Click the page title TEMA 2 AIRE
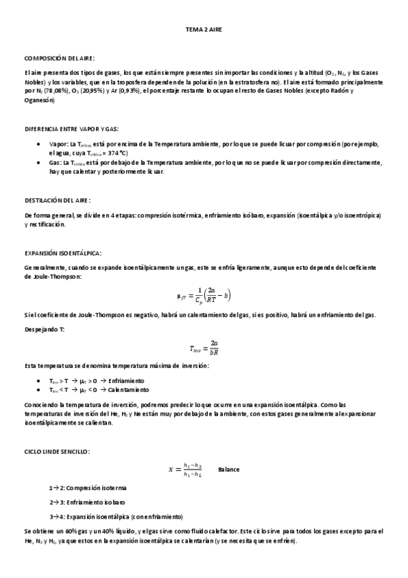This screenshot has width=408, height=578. [x=204, y=31]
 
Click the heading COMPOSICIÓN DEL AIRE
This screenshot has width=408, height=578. [x=59, y=59]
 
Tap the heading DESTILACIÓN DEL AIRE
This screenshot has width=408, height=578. [x=57, y=200]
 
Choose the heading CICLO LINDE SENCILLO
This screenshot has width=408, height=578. [x=57, y=451]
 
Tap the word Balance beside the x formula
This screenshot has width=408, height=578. [x=228, y=470]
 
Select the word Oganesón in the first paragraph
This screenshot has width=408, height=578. [x=40, y=100]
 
